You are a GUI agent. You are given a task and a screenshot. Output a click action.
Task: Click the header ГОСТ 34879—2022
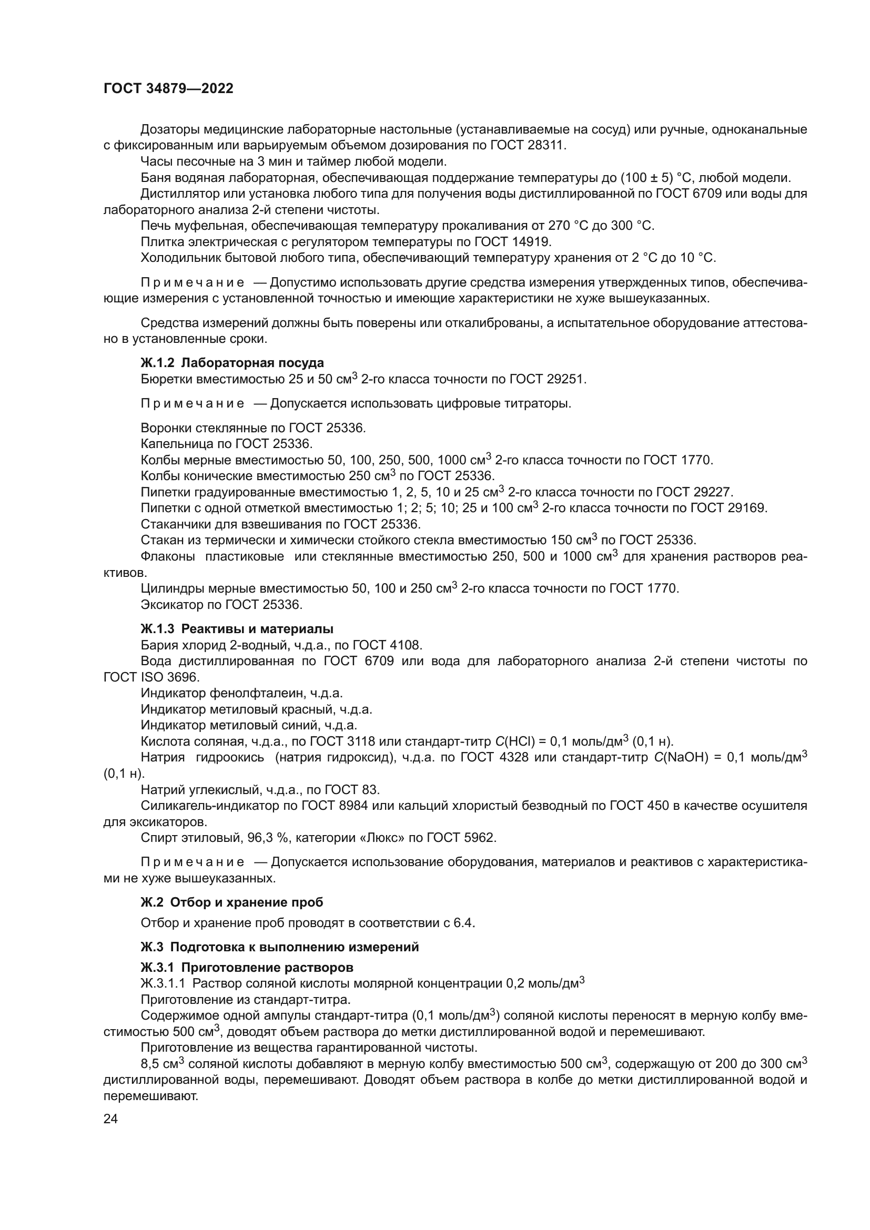tap(168, 89)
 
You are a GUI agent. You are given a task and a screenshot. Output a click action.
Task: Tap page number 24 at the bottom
tap(110, 1119)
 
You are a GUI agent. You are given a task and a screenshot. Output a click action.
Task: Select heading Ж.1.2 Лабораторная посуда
tap(232, 363)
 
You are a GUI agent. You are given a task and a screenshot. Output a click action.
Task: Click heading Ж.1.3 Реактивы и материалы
tap(237, 628)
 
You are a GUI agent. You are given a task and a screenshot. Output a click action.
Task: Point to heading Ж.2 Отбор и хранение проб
tap(231, 902)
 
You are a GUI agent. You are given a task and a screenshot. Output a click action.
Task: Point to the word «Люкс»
tap(385, 838)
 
